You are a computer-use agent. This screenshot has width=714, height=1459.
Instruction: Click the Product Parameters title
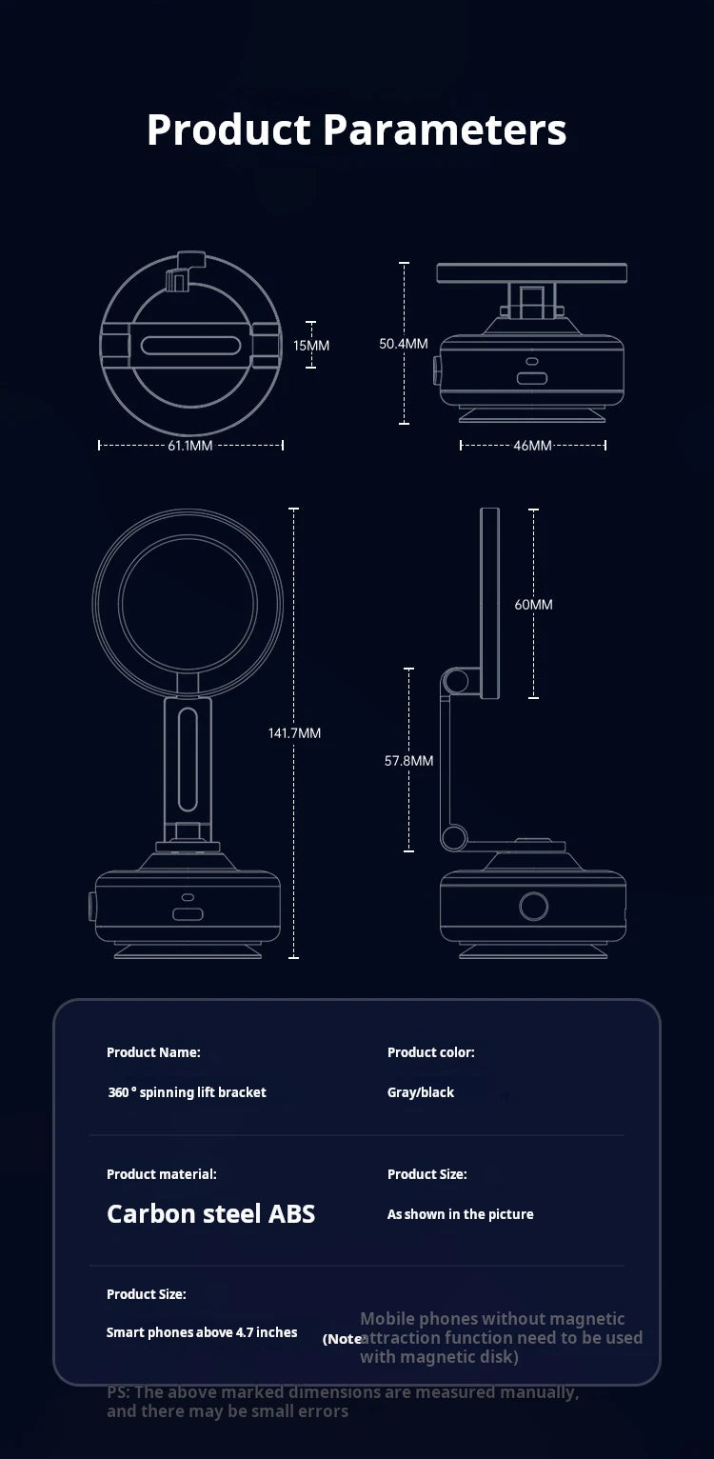pyautogui.click(x=356, y=130)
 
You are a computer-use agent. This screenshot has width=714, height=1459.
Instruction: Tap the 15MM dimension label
pyautogui.click(x=310, y=345)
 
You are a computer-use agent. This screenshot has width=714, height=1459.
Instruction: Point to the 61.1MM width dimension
pyautogui.click(x=190, y=445)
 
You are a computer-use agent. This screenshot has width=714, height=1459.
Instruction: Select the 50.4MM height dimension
pyautogui.click(x=404, y=343)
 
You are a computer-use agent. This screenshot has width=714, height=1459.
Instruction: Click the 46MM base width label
pyautogui.click(x=532, y=445)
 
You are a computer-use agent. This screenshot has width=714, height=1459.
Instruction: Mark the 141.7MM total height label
pyautogui.click(x=294, y=732)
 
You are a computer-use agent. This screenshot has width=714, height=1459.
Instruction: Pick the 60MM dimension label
pyautogui.click(x=533, y=605)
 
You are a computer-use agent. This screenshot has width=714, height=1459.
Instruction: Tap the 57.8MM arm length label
pyautogui.click(x=408, y=760)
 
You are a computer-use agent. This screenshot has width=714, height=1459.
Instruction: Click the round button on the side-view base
pyautogui.click(x=532, y=906)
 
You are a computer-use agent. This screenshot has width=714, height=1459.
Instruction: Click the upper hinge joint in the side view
pyautogui.click(x=455, y=680)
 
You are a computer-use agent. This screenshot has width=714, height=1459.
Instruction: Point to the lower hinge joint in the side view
pyautogui.click(x=454, y=838)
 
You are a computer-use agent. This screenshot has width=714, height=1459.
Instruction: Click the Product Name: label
pyautogui.click(x=153, y=1052)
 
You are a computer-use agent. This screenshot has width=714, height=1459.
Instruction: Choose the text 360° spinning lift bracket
pyautogui.click(x=187, y=1092)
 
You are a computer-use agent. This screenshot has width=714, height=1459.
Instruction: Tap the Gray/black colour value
pyautogui.click(x=421, y=1092)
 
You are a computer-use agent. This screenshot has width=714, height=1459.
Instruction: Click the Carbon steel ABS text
pyautogui.click(x=210, y=1213)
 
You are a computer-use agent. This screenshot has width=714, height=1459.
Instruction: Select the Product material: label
pyautogui.click(x=161, y=1174)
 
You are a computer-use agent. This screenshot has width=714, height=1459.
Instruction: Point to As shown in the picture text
pyautogui.click(x=460, y=1214)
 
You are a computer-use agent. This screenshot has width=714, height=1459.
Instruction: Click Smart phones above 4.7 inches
pyautogui.click(x=202, y=1332)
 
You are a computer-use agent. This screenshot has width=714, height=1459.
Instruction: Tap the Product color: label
pyautogui.click(x=430, y=1052)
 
